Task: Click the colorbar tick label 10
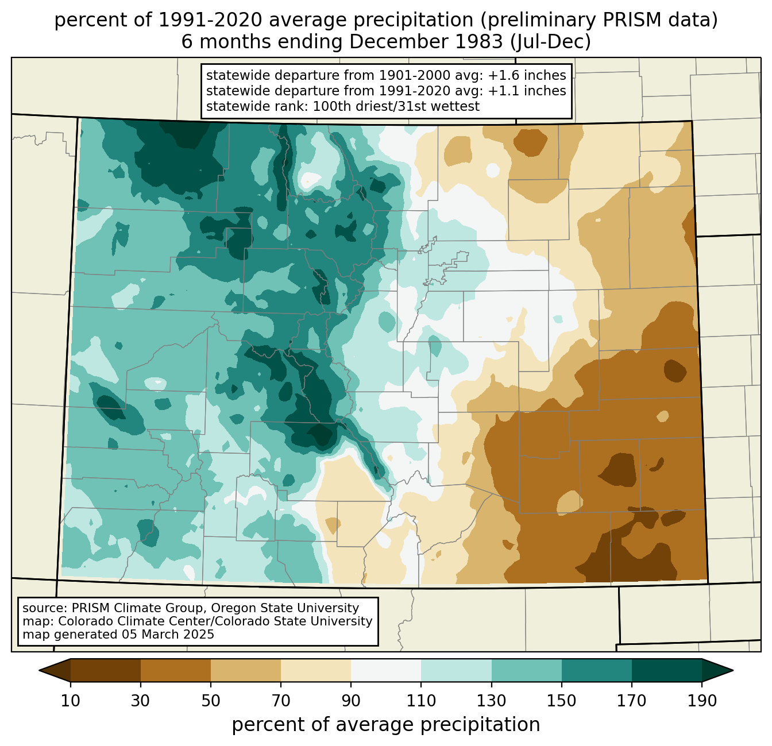[x=71, y=701]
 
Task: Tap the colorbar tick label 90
[x=351, y=701]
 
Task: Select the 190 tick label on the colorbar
[x=702, y=701]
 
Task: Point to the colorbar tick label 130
[x=491, y=701]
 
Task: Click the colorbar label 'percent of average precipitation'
[x=385, y=725]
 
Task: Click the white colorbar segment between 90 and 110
[x=386, y=670]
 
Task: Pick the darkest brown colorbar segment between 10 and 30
[x=106, y=670]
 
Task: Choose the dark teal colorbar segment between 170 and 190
[x=666, y=670]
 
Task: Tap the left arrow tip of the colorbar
[x=39, y=670]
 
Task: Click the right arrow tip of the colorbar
[x=733, y=670]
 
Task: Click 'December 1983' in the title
[x=426, y=42]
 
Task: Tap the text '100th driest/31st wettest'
[x=396, y=106]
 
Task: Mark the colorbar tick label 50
[x=211, y=701]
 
